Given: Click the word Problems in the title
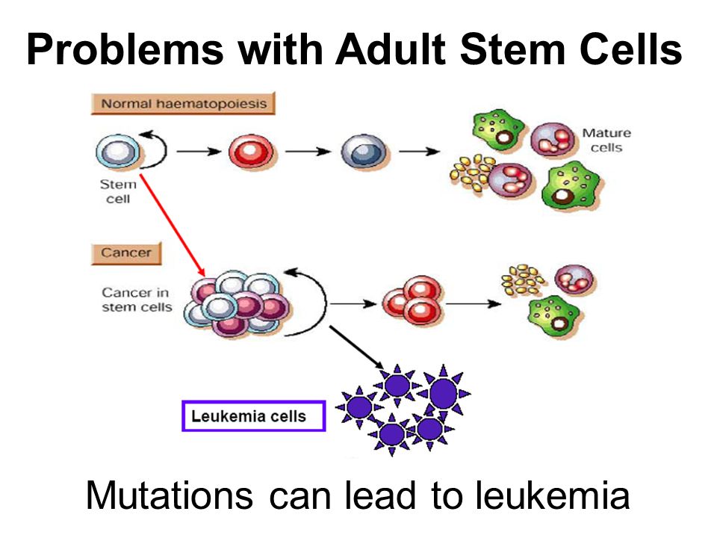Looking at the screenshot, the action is coord(125,49).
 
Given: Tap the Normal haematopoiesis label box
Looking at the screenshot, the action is coord(184,103).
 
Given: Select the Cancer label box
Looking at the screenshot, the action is coord(126,253).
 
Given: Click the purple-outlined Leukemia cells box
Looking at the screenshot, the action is coord(254,416).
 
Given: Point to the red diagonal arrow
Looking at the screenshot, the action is coord(173,225).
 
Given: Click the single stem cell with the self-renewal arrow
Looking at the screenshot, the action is coord(118,151).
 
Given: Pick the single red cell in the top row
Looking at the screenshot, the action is coord(252,152).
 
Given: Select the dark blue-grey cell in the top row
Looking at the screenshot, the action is coord(364,152).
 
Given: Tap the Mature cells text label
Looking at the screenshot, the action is coord(606,140).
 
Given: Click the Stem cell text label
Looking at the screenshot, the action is coord(118,191).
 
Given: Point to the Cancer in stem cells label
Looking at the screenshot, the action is coord(137,300).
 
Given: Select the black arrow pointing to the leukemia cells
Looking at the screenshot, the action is coord(357,347).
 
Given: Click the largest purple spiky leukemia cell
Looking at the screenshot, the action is coord(443,392).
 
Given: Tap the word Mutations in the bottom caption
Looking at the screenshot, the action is coord(170,495).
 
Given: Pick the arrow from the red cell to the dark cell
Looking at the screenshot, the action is coord(308,152).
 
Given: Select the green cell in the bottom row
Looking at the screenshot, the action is coord(553,315).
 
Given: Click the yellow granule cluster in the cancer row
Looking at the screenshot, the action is coord(522,279).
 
